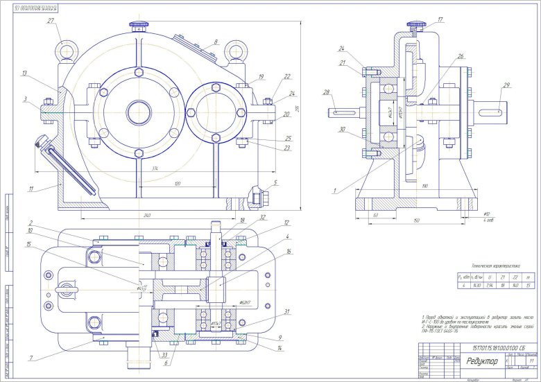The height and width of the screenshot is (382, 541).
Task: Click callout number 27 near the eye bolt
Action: [51, 21]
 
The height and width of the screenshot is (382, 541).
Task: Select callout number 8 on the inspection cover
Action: [215, 42]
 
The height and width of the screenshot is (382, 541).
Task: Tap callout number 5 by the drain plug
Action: [275, 183]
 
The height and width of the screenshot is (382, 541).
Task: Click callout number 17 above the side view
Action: [440, 19]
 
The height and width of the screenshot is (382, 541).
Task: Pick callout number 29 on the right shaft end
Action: [507, 85]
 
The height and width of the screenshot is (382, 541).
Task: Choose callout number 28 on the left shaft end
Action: [326, 92]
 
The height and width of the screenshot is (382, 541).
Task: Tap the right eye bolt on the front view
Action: [243, 51]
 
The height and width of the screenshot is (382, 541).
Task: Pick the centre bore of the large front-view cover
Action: [137, 110]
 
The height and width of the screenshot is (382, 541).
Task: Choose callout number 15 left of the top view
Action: [28, 244]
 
